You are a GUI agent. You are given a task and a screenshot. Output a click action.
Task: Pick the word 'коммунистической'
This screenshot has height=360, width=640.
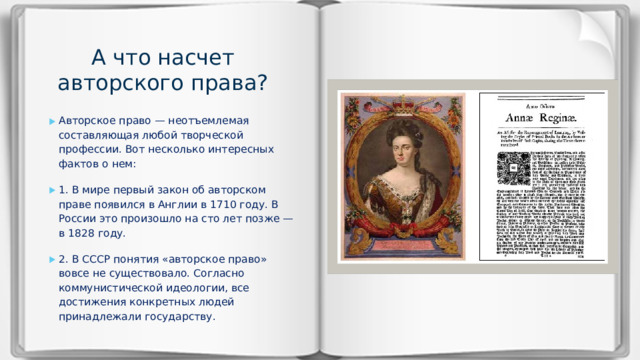(107, 288)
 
